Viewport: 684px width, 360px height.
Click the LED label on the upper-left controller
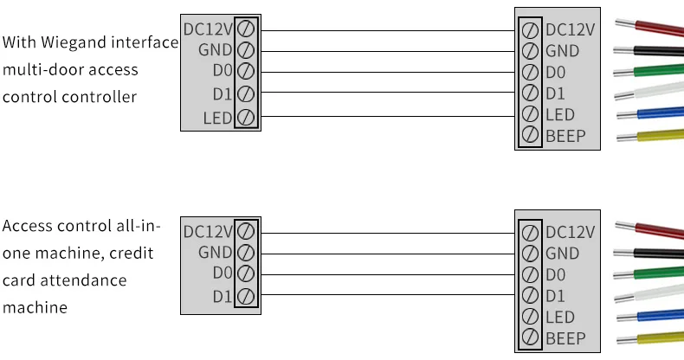217,118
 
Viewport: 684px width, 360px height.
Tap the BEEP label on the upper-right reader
565,136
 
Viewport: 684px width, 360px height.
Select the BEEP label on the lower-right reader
565,338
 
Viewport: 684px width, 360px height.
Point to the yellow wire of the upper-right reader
649,135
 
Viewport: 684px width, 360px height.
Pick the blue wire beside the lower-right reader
649,318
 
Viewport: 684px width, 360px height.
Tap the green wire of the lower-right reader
649,276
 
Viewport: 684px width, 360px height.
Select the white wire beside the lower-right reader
649,297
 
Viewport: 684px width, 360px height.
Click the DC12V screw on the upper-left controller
246,27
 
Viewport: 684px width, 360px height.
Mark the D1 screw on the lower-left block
246,297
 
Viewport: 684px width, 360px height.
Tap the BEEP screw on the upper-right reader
530,135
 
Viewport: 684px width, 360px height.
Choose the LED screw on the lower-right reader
530,317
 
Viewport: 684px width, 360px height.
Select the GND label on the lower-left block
215,253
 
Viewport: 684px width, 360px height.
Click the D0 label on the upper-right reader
556,72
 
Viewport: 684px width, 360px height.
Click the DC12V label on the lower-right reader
570,232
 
